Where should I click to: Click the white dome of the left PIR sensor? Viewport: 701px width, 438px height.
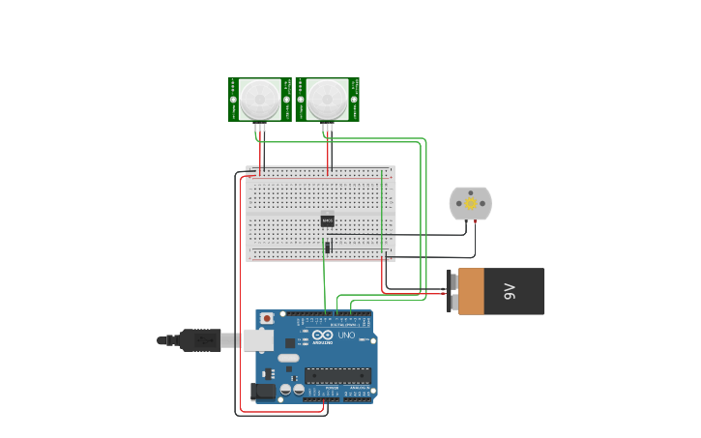click(259, 99)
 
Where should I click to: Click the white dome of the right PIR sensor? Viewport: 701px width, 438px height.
click(327, 99)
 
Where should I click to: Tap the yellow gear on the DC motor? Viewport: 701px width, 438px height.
click(471, 203)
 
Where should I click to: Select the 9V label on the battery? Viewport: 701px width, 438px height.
click(511, 291)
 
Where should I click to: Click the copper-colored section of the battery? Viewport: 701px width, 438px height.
click(471, 291)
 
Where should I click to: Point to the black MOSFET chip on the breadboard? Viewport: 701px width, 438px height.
click(328, 220)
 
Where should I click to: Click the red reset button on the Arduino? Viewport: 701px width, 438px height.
click(267, 318)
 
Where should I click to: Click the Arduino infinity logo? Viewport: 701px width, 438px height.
click(322, 336)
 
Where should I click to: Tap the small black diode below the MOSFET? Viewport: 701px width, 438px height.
click(328, 248)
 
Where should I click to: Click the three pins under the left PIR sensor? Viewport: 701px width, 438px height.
click(260, 127)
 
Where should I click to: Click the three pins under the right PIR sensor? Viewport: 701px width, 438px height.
click(328, 127)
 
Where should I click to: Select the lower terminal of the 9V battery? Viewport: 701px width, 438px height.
click(452, 303)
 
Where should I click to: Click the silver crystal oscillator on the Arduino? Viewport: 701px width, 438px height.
click(289, 358)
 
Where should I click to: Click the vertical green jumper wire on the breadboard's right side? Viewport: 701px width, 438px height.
click(381, 213)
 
